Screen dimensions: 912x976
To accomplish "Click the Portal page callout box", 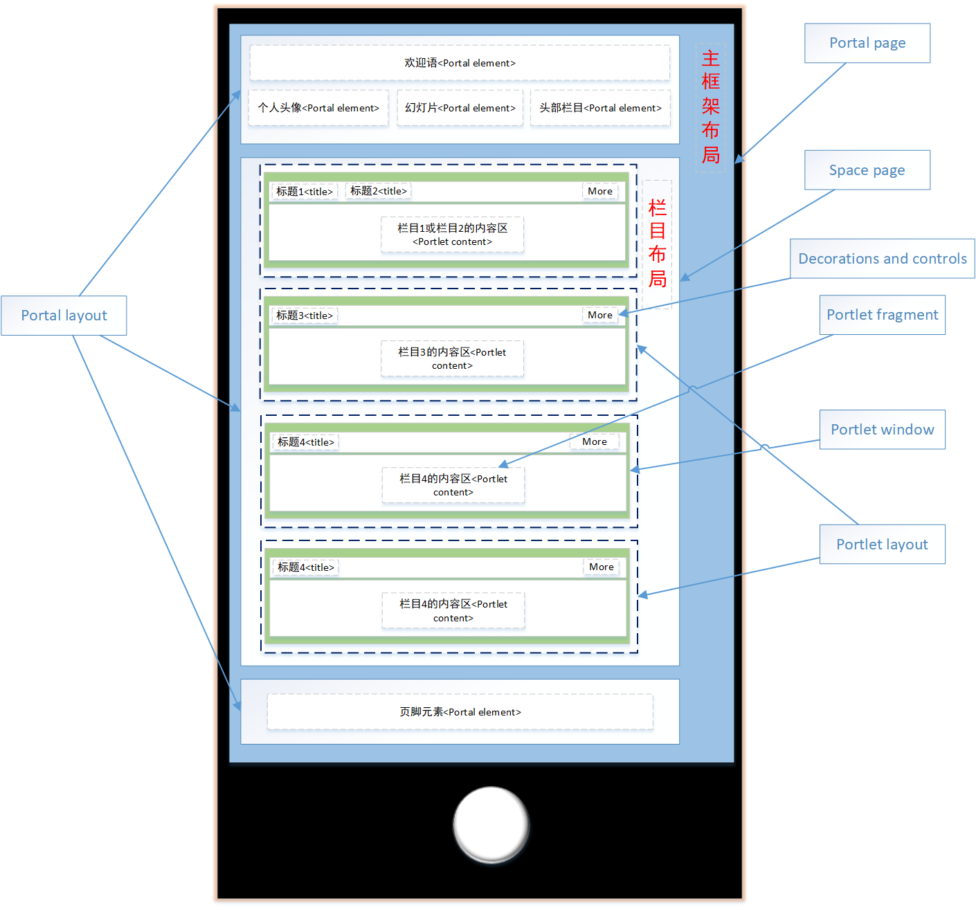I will tap(867, 43).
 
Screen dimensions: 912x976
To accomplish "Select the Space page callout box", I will tap(867, 170).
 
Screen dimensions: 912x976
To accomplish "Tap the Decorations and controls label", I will tap(882, 259).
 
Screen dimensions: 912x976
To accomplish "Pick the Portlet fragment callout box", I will tap(882, 315).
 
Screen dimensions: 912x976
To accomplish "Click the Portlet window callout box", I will tap(882, 430).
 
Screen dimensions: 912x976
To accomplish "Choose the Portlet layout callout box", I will tap(882, 545).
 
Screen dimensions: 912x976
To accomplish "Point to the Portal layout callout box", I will tap(64, 316).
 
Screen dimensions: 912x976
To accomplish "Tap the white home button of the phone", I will tap(491, 824).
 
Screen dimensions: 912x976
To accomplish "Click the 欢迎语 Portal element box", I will tap(460, 63).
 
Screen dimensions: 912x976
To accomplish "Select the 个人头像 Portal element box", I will tap(318, 108).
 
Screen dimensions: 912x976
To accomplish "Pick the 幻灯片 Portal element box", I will tap(460, 108).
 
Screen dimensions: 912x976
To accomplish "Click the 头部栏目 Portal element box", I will tap(600, 108).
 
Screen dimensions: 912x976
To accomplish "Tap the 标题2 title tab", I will tap(378, 191).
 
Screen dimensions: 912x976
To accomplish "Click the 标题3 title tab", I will tap(305, 316).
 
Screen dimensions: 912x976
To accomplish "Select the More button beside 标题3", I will tap(599, 316).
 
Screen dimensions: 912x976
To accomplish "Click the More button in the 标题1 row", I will tap(599, 192).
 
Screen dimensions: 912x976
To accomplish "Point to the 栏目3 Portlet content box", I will tap(452, 358).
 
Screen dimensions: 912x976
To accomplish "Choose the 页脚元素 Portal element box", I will tap(460, 712).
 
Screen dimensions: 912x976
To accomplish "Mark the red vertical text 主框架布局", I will tap(710, 107).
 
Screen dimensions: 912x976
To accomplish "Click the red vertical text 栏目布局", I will tap(657, 244).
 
